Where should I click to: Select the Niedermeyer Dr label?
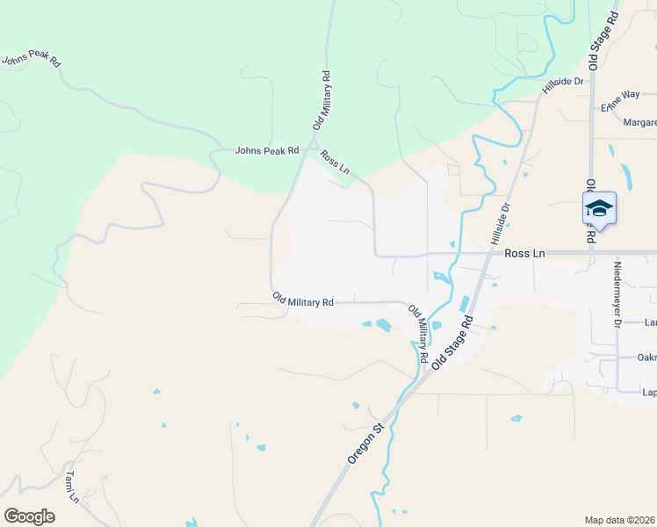[617, 294]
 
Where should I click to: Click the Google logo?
[29, 516]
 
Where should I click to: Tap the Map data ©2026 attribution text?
[620, 520]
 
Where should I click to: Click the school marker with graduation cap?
[599, 210]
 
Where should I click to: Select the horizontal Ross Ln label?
[525, 253]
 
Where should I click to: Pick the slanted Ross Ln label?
[336, 167]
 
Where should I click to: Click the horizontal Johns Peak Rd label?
[267, 150]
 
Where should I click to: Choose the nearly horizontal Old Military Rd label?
[302, 300]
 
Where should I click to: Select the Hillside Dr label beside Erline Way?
[563, 83]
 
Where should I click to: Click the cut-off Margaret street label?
[639, 122]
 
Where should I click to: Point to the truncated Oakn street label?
[646, 357]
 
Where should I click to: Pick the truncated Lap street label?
[649, 393]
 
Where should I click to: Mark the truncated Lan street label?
[650, 322]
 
